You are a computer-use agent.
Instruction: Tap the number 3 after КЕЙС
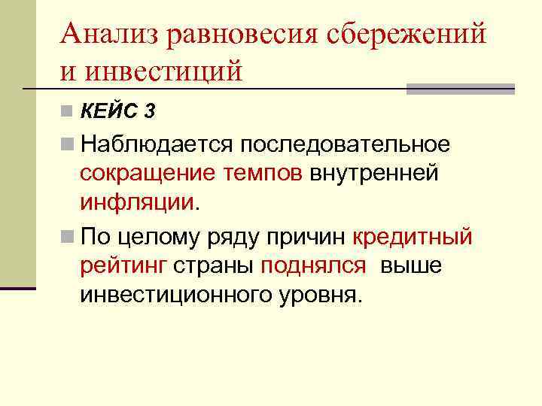[x=151, y=113]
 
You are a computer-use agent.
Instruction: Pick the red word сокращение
[x=148, y=173]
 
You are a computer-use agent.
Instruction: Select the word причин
[x=309, y=238]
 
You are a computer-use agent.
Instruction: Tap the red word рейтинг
[x=123, y=267]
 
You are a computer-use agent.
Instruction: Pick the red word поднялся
[x=313, y=267]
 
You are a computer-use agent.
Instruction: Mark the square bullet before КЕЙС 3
[x=69, y=113]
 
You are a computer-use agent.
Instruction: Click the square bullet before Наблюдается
[x=69, y=143]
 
